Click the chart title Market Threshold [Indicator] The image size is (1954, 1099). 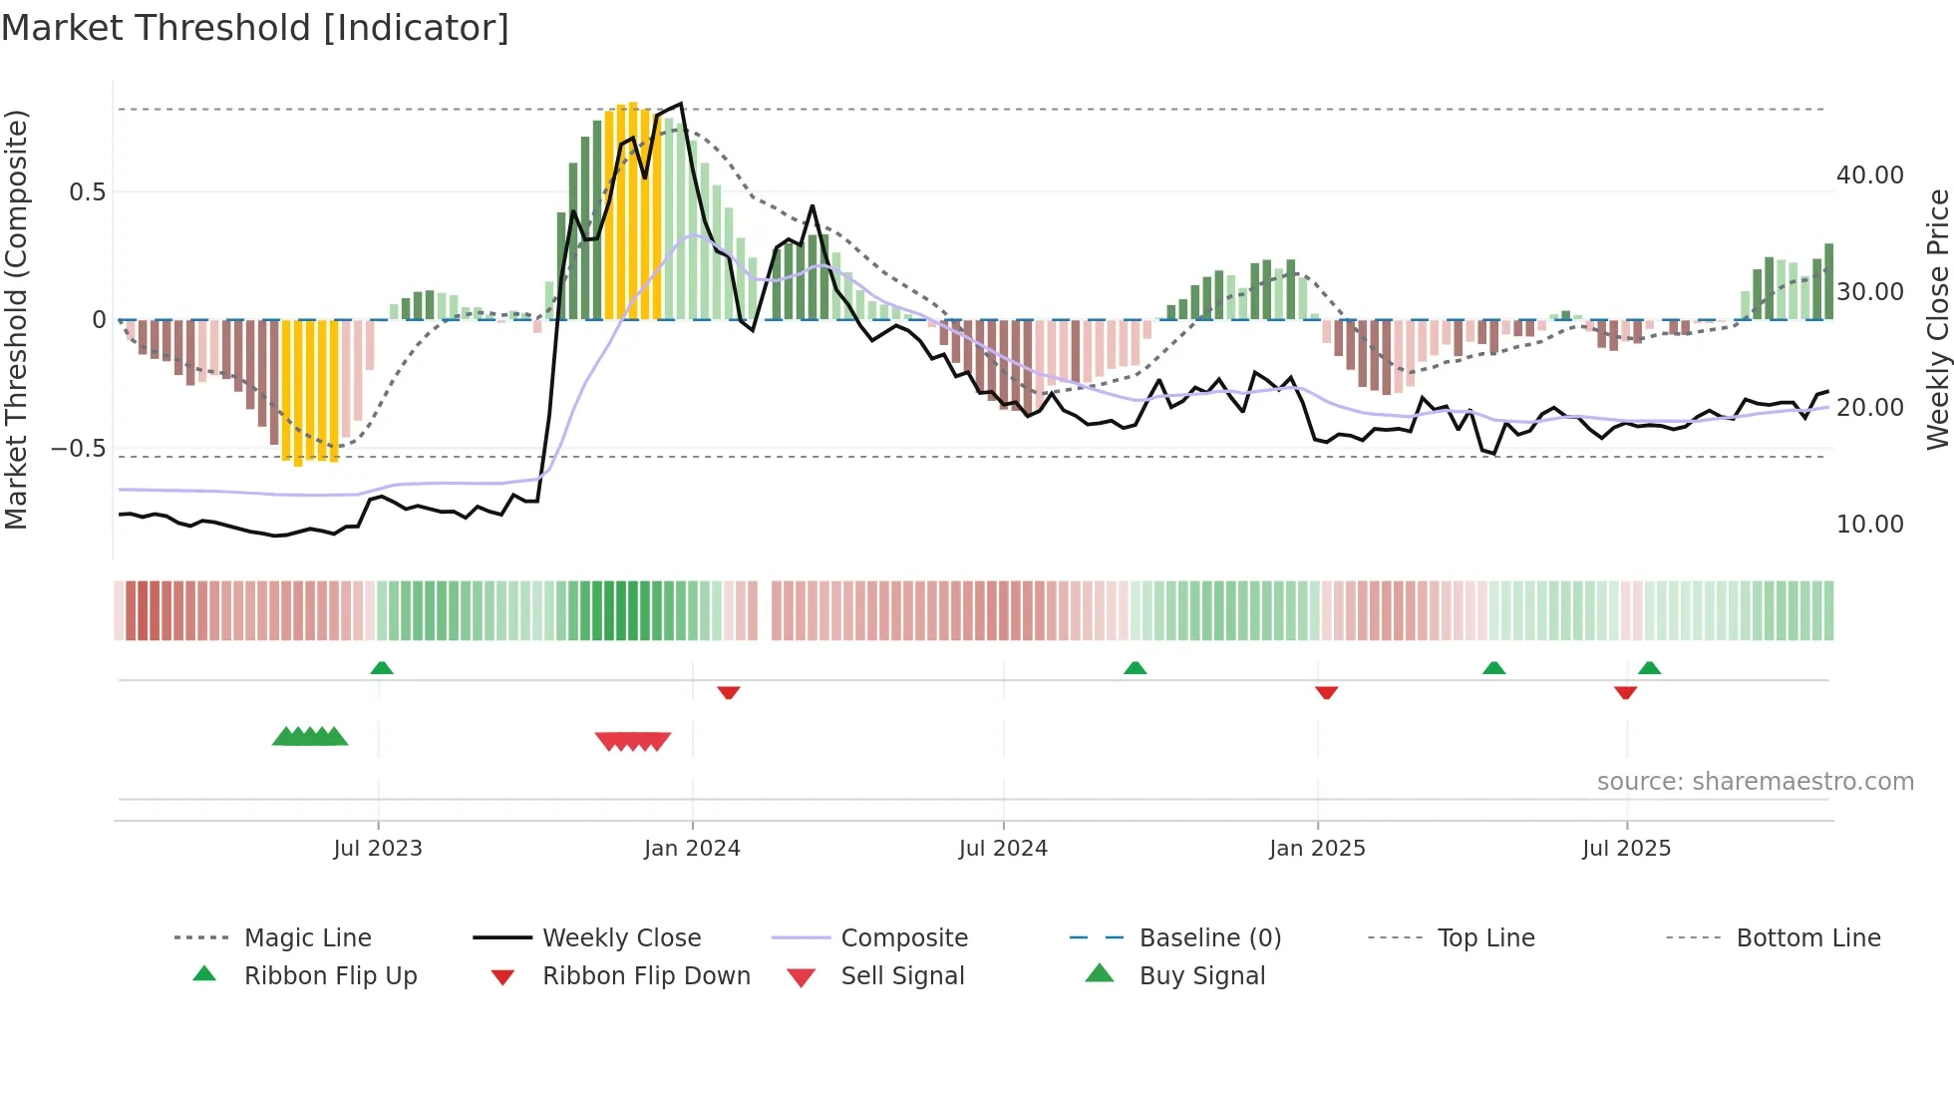coord(255,28)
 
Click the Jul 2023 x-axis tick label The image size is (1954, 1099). coord(378,849)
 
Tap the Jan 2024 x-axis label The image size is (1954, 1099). coord(692,849)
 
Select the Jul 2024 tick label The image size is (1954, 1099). coord(1003,849)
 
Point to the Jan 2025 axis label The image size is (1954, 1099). coord(1317,849)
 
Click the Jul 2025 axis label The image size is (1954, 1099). coord(1626,849)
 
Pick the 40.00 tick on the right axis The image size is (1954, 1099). coord(1869,176)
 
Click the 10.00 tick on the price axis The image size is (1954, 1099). coord(1869,525)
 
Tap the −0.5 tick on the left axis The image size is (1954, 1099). coord(79,449)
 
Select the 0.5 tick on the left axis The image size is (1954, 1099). coord(88,192)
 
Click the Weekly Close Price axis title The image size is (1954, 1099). coord(1937,319)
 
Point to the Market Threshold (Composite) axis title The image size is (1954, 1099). coord(16,319)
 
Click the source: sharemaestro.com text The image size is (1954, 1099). coord(1755,782)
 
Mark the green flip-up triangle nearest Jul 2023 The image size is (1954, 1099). coord(382,668)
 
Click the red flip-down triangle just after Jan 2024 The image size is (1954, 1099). coord(729,692)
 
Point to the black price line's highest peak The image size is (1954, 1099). coord(681,104)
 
